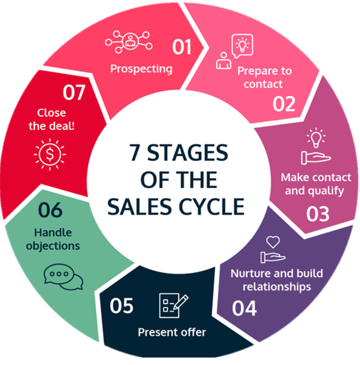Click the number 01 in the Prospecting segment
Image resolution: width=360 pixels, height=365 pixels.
(182, 47)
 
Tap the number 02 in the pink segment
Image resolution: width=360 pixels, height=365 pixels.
(284, 104)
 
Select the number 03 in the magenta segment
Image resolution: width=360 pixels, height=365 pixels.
(318, 214)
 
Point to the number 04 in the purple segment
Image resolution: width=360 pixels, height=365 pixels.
(244, 308)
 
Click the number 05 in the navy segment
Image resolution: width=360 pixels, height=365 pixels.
(121, 306)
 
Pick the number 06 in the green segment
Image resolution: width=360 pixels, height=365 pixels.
(50, 210)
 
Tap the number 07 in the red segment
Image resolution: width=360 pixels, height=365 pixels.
(74, 93)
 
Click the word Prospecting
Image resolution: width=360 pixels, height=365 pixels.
(142, 69)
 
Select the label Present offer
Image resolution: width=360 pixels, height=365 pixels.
(172, 332)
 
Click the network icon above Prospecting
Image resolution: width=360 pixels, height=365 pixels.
(128, 42)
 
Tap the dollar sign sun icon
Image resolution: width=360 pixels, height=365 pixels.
(50, 154)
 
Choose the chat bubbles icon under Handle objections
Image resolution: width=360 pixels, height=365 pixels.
(63, 277)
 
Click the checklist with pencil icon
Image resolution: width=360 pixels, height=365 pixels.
(174, 305)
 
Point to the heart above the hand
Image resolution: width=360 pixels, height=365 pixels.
(273, 242)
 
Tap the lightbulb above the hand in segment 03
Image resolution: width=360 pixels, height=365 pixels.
(316, 138)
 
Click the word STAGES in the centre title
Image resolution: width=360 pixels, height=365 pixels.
(188, 153)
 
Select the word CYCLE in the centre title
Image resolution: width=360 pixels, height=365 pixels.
(212, 207)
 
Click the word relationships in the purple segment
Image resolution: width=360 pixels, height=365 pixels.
(277, 287)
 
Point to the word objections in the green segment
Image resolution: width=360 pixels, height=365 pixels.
(53, 246)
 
